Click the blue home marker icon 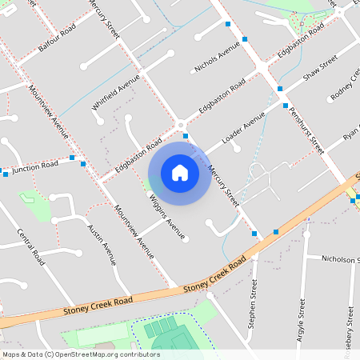(x=180, y=173)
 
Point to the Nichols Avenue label (x=217, y=58)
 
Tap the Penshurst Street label (x=306, y=130)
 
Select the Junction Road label (x=36, y=167)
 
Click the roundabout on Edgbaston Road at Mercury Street (x=181, y=124)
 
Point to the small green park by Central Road (x=34, y=204)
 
